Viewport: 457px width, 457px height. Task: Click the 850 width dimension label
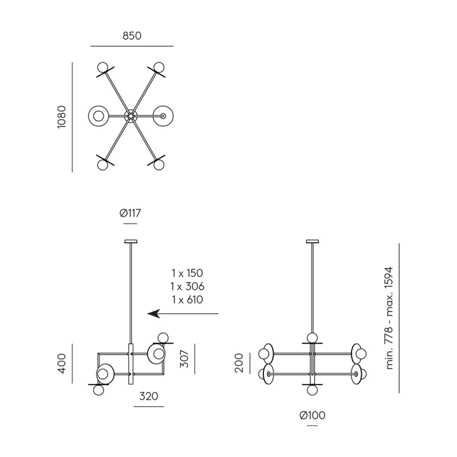tap(132, 36)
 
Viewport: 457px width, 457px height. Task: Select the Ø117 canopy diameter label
tap(130, 213)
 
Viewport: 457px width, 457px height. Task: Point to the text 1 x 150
tap(187, 273)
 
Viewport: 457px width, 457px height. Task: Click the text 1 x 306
tap(187, 287)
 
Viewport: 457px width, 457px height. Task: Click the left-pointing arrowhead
tap(154, 314)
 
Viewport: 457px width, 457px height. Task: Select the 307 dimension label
tap(185, 359)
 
